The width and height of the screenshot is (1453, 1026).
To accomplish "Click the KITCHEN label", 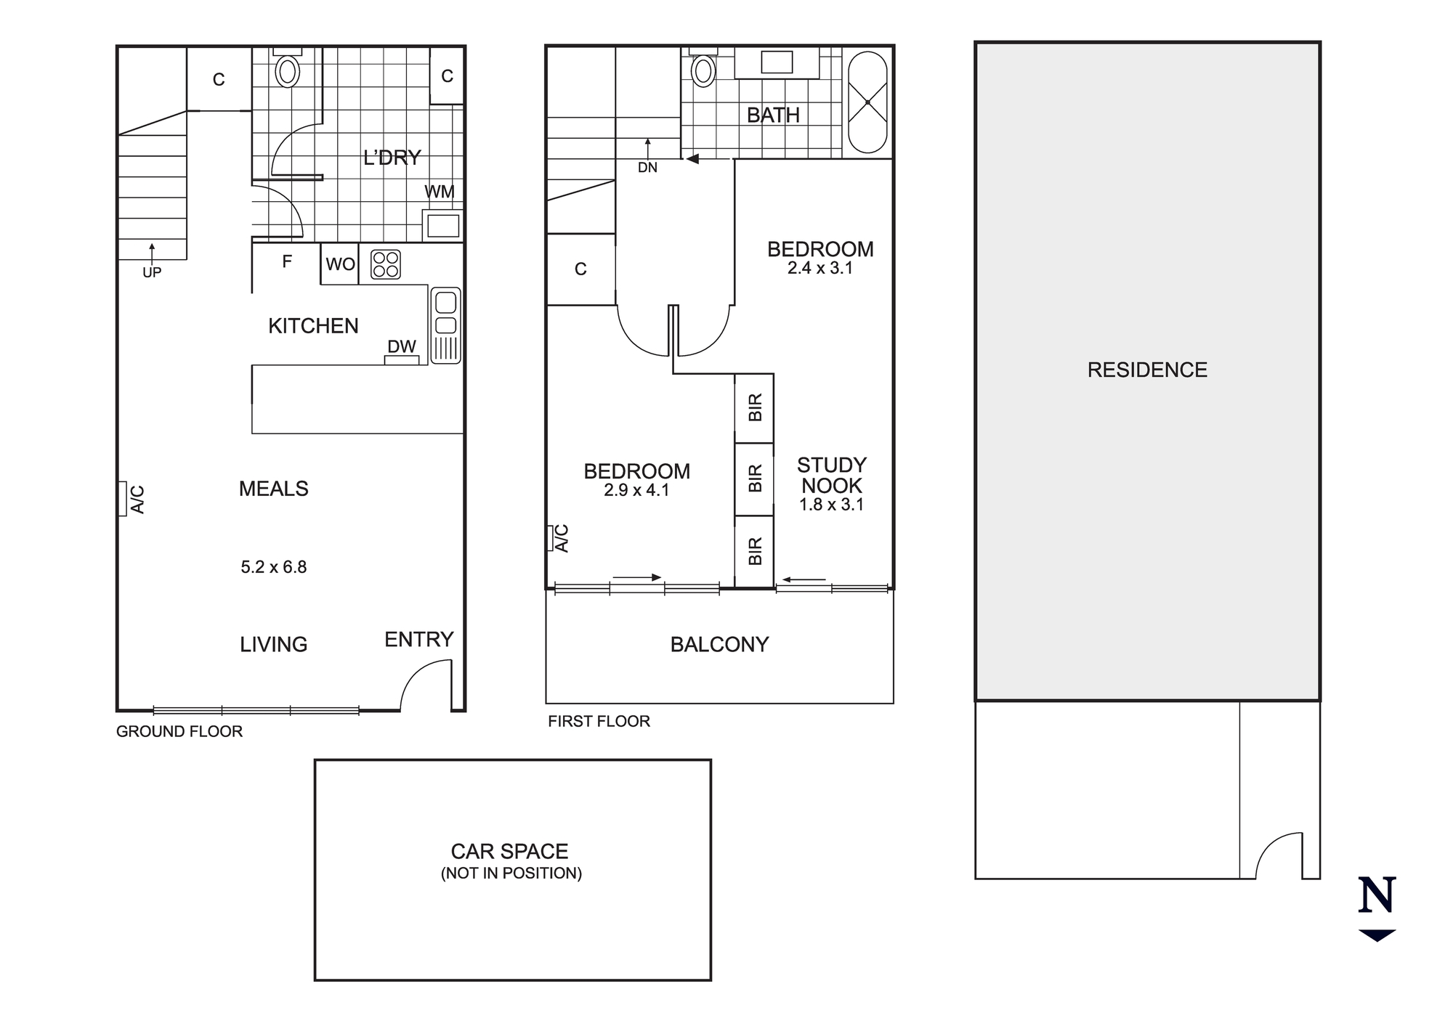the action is (313, 326).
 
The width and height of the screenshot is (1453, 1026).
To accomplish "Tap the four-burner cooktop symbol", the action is (386, 264).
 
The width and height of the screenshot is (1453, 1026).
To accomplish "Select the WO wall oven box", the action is (340, 264).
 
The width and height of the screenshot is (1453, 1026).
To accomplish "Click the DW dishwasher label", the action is (402, 347).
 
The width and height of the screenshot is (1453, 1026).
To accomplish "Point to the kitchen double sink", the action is (445, 325).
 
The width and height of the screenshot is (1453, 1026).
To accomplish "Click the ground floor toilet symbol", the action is (288, 70).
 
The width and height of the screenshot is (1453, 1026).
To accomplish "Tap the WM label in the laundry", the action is (440, 192).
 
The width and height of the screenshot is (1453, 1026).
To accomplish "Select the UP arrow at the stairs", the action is (152, 251).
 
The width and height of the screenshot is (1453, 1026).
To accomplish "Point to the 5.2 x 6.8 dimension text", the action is (274, 567).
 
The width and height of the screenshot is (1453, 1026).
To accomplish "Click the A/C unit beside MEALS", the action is (122, 499).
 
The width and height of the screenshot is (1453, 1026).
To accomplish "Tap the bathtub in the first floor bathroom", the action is (867, 102).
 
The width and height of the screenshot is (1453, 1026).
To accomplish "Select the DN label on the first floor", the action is (647, 168).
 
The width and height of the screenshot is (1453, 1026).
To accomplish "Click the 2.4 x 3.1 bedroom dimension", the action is (820, 268).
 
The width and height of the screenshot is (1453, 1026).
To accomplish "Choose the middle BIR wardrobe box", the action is (754, 479).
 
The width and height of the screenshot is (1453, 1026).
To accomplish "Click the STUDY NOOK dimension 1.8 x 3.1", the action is (832, 505).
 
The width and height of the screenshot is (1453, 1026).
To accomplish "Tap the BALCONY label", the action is (719, 645).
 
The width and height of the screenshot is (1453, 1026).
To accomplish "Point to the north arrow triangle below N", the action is (1377, 935).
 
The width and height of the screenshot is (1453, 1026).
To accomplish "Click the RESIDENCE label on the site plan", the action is (1147, 370).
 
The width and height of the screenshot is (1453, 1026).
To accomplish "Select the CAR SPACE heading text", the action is (509, 851).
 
